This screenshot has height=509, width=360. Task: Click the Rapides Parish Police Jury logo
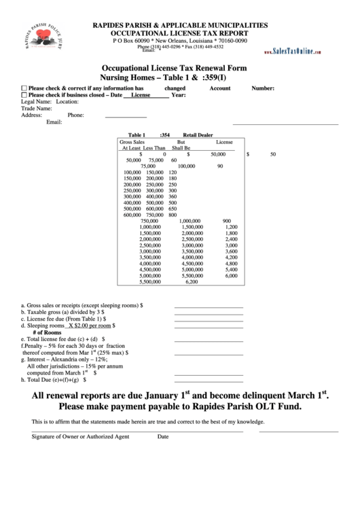pos(45,43)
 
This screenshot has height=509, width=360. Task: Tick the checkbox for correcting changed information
pos(24,88)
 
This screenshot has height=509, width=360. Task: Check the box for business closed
pos(24,95)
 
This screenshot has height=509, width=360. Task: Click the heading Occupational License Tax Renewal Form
pos(174,69)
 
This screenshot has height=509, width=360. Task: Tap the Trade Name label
pos(37,108)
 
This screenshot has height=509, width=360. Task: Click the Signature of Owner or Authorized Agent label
pos(80,437)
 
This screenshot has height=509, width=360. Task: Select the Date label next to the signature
pos(163,437)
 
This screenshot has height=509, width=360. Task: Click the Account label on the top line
pos(219,88)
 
